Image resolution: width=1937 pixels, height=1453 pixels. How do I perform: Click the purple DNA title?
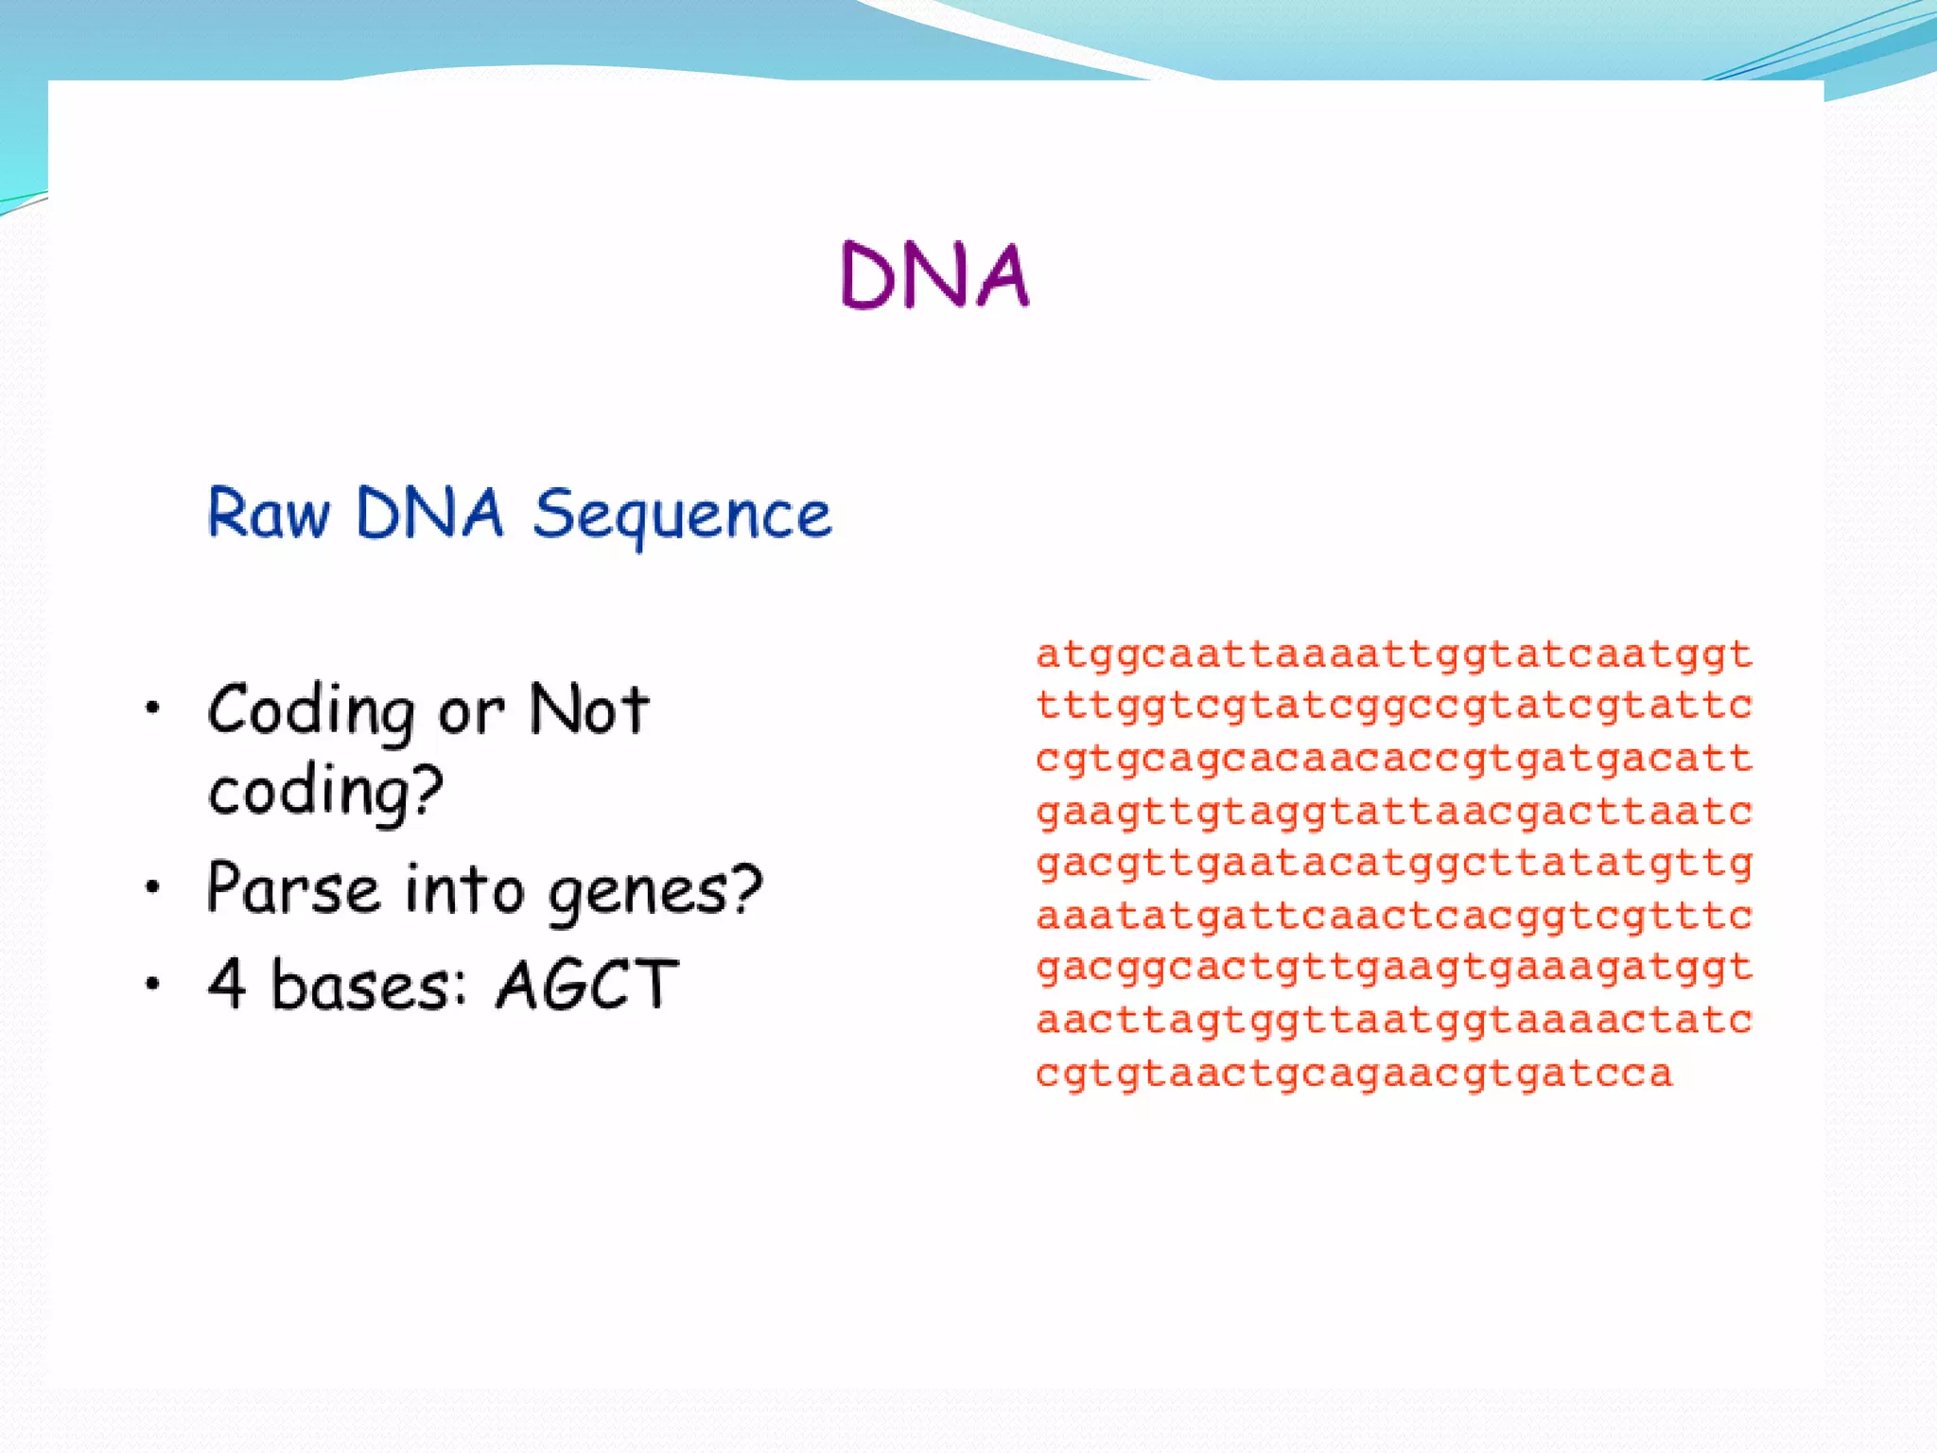934,275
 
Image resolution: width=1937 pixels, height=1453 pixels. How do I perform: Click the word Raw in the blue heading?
269,515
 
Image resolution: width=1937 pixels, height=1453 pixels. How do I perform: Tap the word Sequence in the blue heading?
682,515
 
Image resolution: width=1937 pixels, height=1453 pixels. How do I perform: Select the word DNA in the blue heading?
429,515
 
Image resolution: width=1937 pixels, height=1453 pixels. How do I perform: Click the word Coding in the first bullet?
310,711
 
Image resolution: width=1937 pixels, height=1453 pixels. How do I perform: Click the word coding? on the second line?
325,791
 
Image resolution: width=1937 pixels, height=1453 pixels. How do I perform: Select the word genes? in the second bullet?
655,892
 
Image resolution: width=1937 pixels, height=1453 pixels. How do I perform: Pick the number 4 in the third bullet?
228,984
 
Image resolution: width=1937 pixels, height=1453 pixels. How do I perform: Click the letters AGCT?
586,985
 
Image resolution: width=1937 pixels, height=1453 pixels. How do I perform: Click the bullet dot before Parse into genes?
152,887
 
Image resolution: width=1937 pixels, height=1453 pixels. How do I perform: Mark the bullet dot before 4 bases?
152,984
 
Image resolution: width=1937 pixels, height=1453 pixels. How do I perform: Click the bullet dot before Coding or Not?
152,708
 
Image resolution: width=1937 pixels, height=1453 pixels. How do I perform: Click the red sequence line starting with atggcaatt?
1394,655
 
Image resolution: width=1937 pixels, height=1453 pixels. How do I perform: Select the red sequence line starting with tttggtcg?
1394,706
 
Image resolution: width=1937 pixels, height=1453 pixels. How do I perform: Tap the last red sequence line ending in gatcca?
1354,1074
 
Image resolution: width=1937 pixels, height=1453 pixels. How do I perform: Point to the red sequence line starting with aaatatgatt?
1394,916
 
